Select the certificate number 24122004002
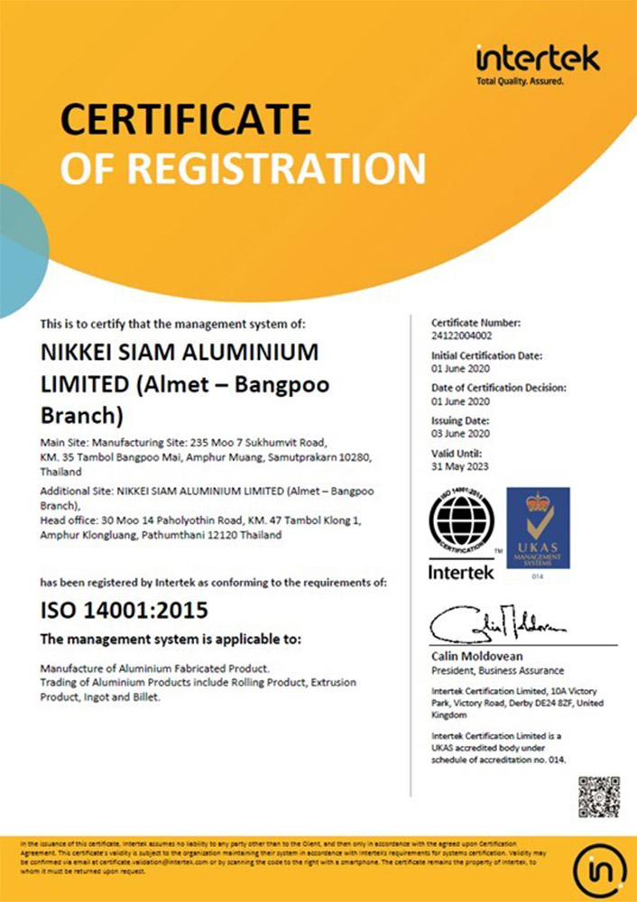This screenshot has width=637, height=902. tap(464, 335)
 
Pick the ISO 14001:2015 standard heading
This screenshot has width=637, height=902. tap(125, 611)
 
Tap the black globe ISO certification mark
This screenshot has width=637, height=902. tap(461, 522)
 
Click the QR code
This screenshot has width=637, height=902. tap(598, 796)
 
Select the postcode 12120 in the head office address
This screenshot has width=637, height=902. tap(228, 535)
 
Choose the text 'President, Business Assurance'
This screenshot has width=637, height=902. tap(497, 670)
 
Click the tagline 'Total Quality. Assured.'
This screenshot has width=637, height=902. tap(520, 82)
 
